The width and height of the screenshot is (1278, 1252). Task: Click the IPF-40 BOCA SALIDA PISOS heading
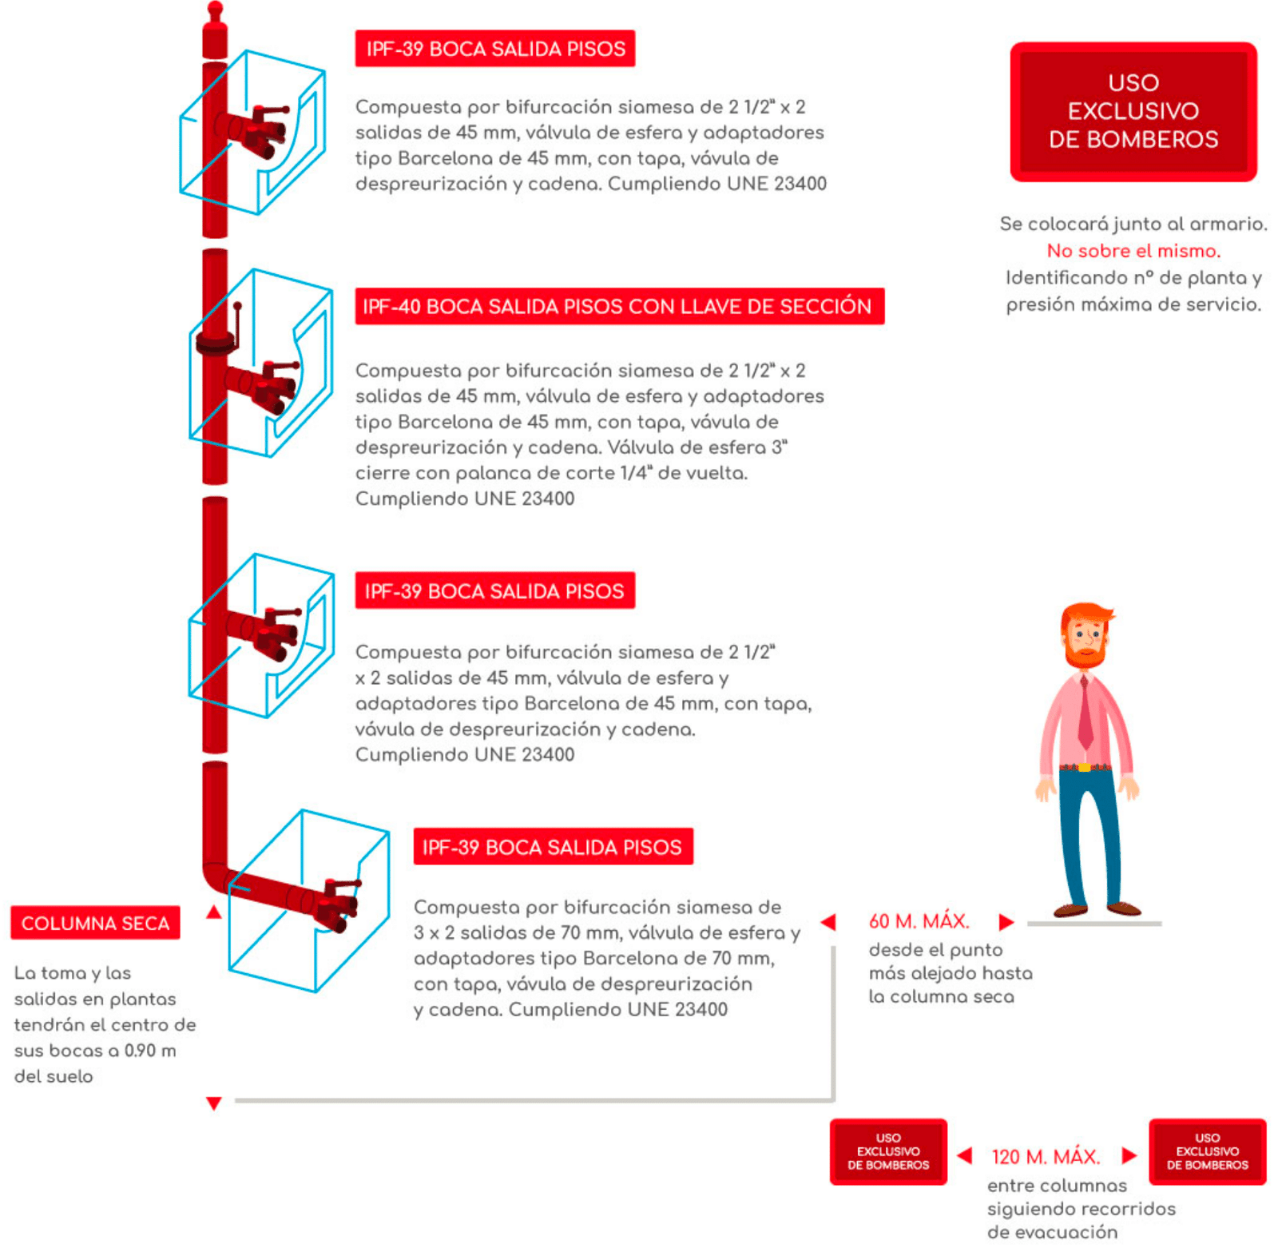[x=619, y=306]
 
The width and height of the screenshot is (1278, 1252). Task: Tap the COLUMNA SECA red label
[x=95, y=923]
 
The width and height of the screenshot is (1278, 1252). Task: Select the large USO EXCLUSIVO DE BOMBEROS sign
[x=1133, y=111]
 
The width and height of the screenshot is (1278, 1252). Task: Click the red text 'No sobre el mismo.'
[x=1133, y=251]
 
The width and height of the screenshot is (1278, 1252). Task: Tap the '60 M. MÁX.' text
[x=919, y=921]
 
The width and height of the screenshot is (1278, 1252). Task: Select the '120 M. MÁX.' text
[x=1046, y=1156]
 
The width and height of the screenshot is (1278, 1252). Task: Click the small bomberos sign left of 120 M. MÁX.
[x=888, y=1151]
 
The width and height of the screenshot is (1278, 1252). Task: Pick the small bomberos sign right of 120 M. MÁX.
[x=1207, y=1151]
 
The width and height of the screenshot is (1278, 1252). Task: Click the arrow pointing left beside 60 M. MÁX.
[x=828, y=922]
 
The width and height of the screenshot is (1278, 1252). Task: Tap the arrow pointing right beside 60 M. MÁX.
[x=1006, y=922]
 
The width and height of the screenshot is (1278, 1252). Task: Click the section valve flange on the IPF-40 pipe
[x=216, y=343]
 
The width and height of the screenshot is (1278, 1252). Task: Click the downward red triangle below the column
[x=213, y=1103]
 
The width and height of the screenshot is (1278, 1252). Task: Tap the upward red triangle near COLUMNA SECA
[x=213, y=912]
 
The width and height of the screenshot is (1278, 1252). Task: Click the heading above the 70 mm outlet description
[x=553, y=847]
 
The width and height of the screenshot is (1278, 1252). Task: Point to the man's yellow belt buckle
[x=1084, y=768]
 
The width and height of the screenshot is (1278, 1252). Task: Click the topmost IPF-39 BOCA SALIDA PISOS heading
[x=495, y=49]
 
